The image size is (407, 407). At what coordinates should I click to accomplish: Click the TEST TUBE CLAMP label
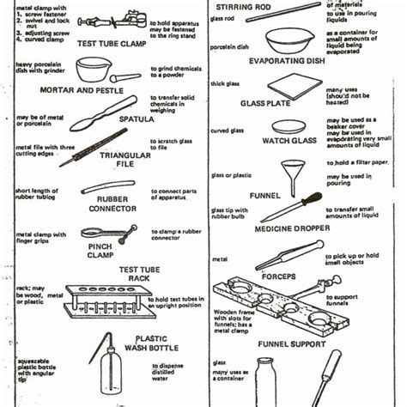(x=112, y=43)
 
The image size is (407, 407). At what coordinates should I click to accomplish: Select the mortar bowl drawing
(x=94, y=70)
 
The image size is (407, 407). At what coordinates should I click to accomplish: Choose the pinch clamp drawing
(x=108, y=233)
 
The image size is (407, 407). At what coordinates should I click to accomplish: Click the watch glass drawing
(x=288, y=126)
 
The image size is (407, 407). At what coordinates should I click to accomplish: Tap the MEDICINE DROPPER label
(x=281, y=228)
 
